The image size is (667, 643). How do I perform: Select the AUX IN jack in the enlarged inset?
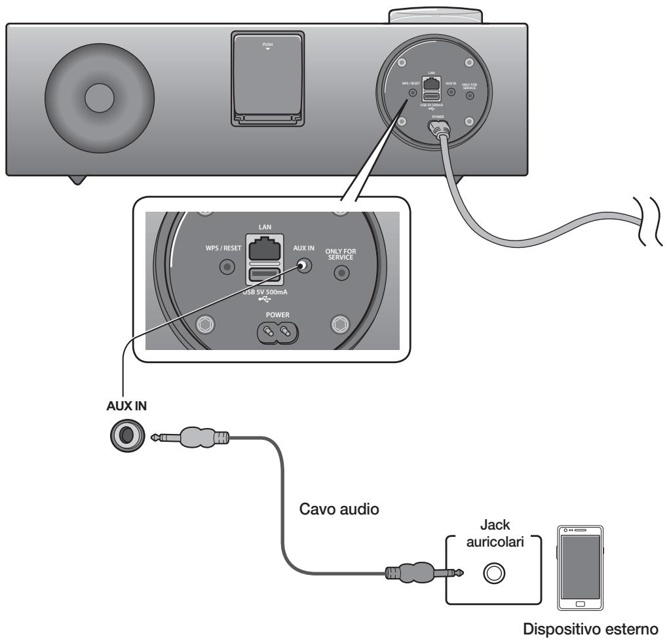[x=303, y=267]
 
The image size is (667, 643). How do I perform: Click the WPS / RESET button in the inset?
[x=227, y=267]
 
